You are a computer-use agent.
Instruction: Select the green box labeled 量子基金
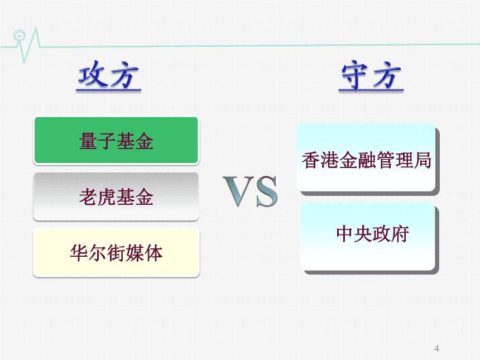pyautogui.click(x=116, y=141)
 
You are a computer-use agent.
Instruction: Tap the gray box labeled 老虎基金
pyautogui.click(x=116, y=196)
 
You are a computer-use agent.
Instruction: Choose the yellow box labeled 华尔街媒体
pyautogui.click(x=116, y=252)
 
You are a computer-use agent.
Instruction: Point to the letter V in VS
pyautogui.click(x=239, y=191)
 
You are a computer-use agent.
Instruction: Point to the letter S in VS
pyautogui.click(x=266, y=191)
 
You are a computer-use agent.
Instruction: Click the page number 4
pyautogui.click(x=436, y=349)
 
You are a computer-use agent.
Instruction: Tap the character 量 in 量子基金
pyautogui.click(x=88, y=141)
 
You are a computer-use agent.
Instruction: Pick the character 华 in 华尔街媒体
pyautogui.click(x=79, y=253)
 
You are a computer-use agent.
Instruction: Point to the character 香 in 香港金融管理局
pyautogui.click(x=310, y=160)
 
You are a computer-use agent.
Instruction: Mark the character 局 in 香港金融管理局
pyautogui.click(x=423, y=160)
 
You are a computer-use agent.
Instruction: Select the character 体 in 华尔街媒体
pyautogui.click(x=153, y=253)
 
